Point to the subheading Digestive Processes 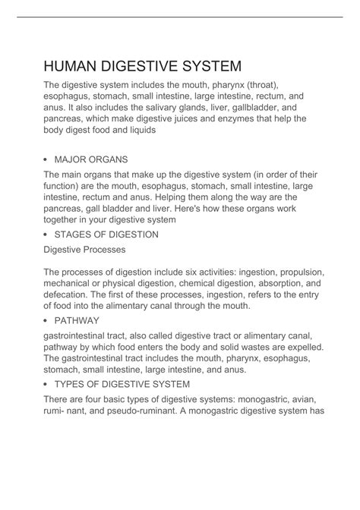(84, 249)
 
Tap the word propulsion (300, 272)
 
